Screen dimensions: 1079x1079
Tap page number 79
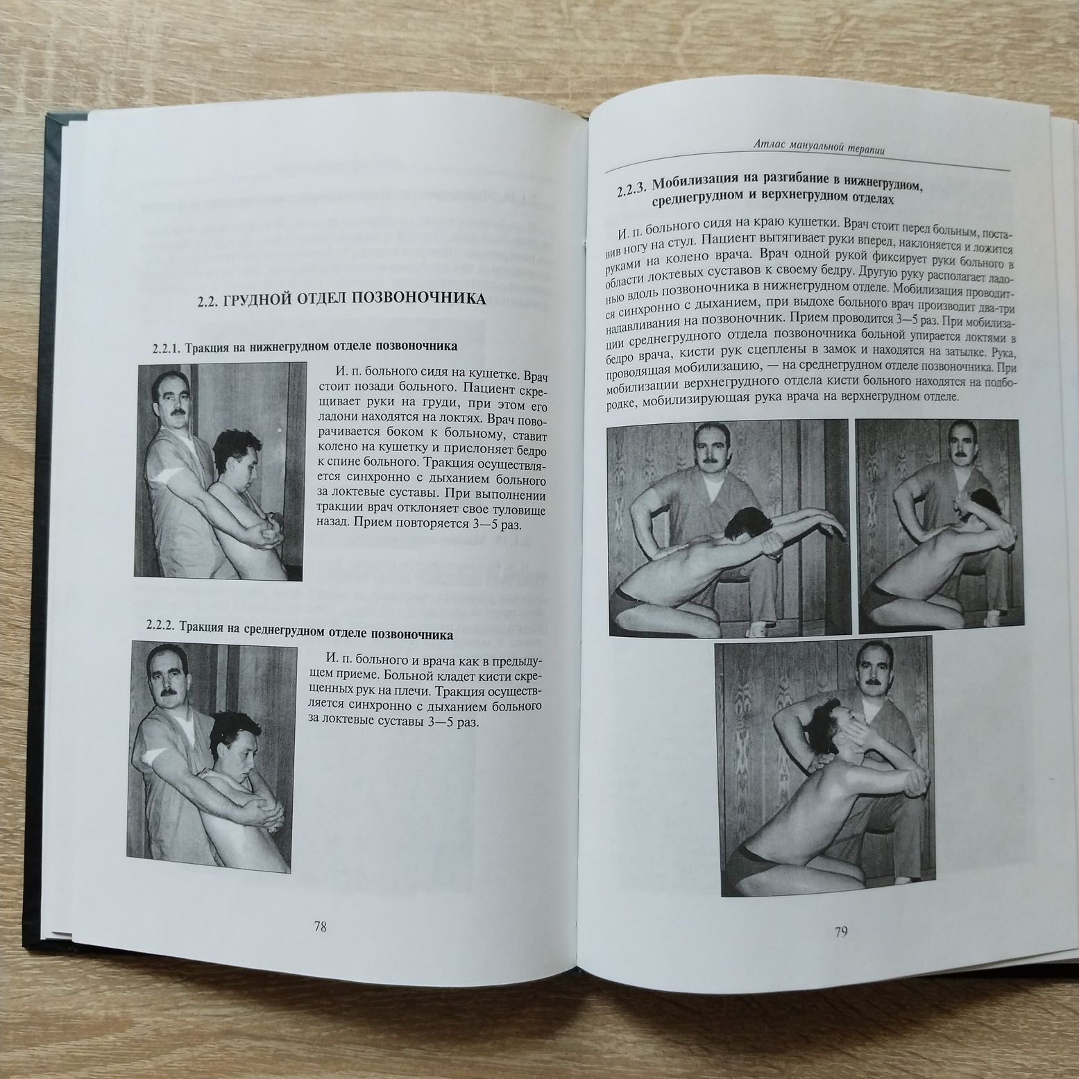841,932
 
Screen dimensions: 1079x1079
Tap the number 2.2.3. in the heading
631,192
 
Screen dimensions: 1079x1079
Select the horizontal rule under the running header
807,169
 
